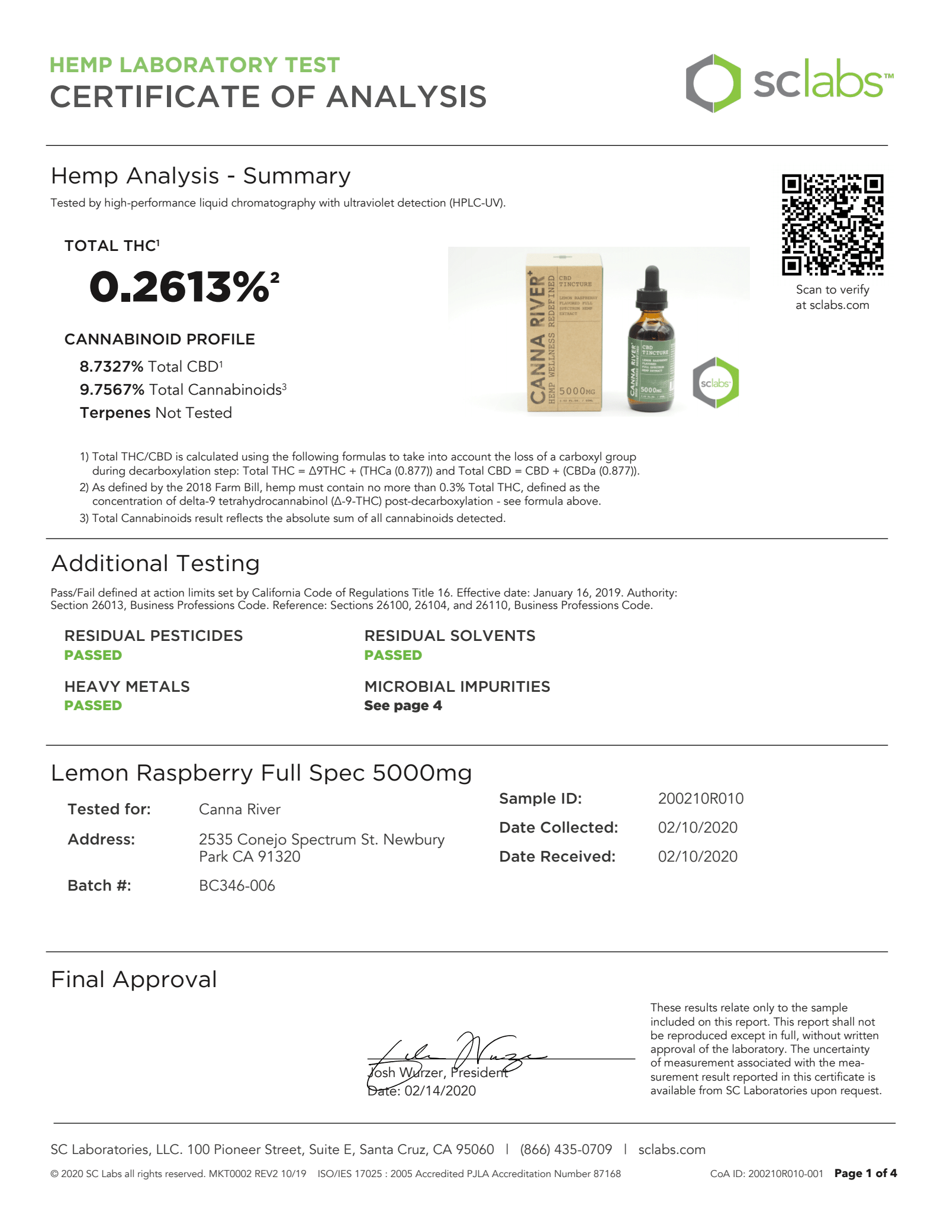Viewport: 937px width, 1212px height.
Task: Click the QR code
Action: pos(832,225)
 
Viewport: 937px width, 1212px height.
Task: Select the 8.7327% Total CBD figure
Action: pos(111,367)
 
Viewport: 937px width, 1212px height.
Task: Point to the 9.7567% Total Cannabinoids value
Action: pos(112,390)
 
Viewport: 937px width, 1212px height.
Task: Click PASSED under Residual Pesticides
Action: pos(93,655)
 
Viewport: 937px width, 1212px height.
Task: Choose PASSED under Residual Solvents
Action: pos(393,655)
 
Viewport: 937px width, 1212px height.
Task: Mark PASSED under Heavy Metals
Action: pos(93,705)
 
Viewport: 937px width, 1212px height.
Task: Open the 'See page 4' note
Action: pos(403,705)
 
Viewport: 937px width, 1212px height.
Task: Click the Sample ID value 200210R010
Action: pos(700,799)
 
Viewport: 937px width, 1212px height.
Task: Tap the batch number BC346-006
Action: pos(237,885)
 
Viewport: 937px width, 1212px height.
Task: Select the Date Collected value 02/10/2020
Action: pos(697,827)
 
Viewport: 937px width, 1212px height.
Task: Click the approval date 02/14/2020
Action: pos(440,1091)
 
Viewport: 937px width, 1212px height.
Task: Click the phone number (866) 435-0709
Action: pos(566,1149)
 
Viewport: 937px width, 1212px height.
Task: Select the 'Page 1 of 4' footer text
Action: pos(865,1173)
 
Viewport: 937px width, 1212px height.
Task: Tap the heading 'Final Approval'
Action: pos(134,979)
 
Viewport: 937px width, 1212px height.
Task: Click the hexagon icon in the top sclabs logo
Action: pos(713,83)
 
